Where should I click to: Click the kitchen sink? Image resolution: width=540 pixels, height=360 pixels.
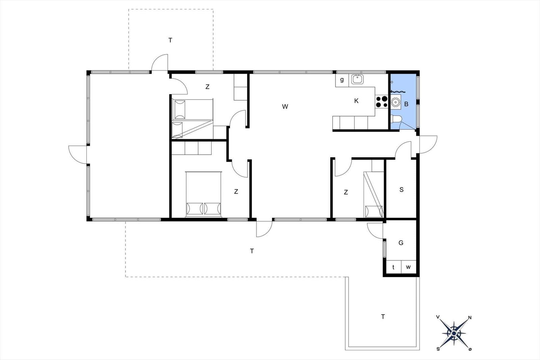(357, 79)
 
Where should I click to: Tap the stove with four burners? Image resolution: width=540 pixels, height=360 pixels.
(382, 102)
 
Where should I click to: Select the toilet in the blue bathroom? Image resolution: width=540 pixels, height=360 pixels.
(396, 119)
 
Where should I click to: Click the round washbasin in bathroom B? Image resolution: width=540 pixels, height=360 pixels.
(395, 103)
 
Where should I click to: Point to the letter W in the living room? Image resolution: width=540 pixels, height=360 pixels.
(285, 107)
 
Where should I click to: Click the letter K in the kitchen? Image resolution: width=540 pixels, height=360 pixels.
(356, 101)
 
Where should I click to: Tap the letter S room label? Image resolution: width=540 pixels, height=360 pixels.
(401, 190)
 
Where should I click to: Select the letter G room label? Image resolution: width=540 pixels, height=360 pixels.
(401, 243)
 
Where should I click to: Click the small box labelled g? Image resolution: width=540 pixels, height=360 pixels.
(342, 80)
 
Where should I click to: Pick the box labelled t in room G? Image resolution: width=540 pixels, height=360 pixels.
(394, 267)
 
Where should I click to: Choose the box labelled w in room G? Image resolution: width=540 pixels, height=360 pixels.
(409, 267)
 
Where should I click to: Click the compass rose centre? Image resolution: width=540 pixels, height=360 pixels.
(454, 333)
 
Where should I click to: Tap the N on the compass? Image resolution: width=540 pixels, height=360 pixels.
(469, 317)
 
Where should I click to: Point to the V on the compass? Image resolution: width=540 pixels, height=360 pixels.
(438, 317)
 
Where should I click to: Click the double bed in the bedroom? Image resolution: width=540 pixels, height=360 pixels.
(204, 194)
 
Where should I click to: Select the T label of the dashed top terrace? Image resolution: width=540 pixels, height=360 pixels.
(170, 40)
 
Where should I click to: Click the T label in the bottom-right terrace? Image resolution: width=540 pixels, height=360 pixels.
(383, 316)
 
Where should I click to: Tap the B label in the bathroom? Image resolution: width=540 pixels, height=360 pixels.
(406, 104)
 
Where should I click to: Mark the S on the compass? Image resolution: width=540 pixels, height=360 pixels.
(438, 349)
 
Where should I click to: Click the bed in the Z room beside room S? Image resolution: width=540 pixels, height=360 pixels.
(373, 194)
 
